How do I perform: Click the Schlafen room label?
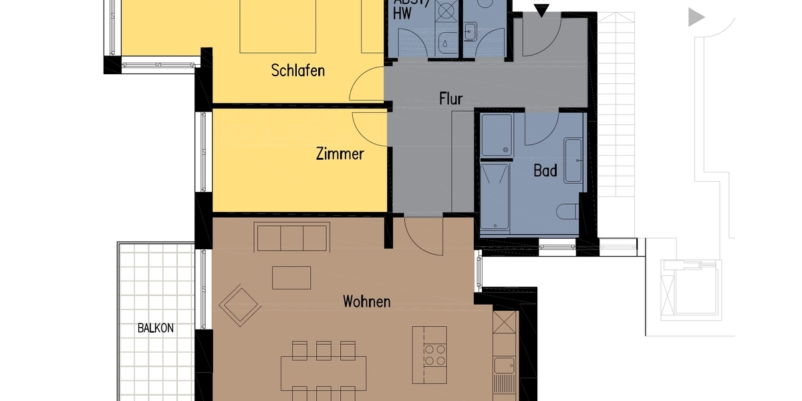click(298, 70)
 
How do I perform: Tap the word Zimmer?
click(340, 154)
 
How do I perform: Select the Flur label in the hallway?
click(450, 99)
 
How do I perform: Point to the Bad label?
click(545, 170)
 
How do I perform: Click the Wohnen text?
click(366, 301)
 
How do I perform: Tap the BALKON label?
click(156, 328)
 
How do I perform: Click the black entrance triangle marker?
click(541, 9)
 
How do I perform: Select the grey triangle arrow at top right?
click(696, 17)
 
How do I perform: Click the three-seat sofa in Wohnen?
click(292, 237)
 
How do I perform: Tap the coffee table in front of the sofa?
click(291, 277)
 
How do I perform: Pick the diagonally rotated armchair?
click(240, 305)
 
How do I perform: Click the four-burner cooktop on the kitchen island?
click(435, 354)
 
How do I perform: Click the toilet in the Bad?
click(567, 211)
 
